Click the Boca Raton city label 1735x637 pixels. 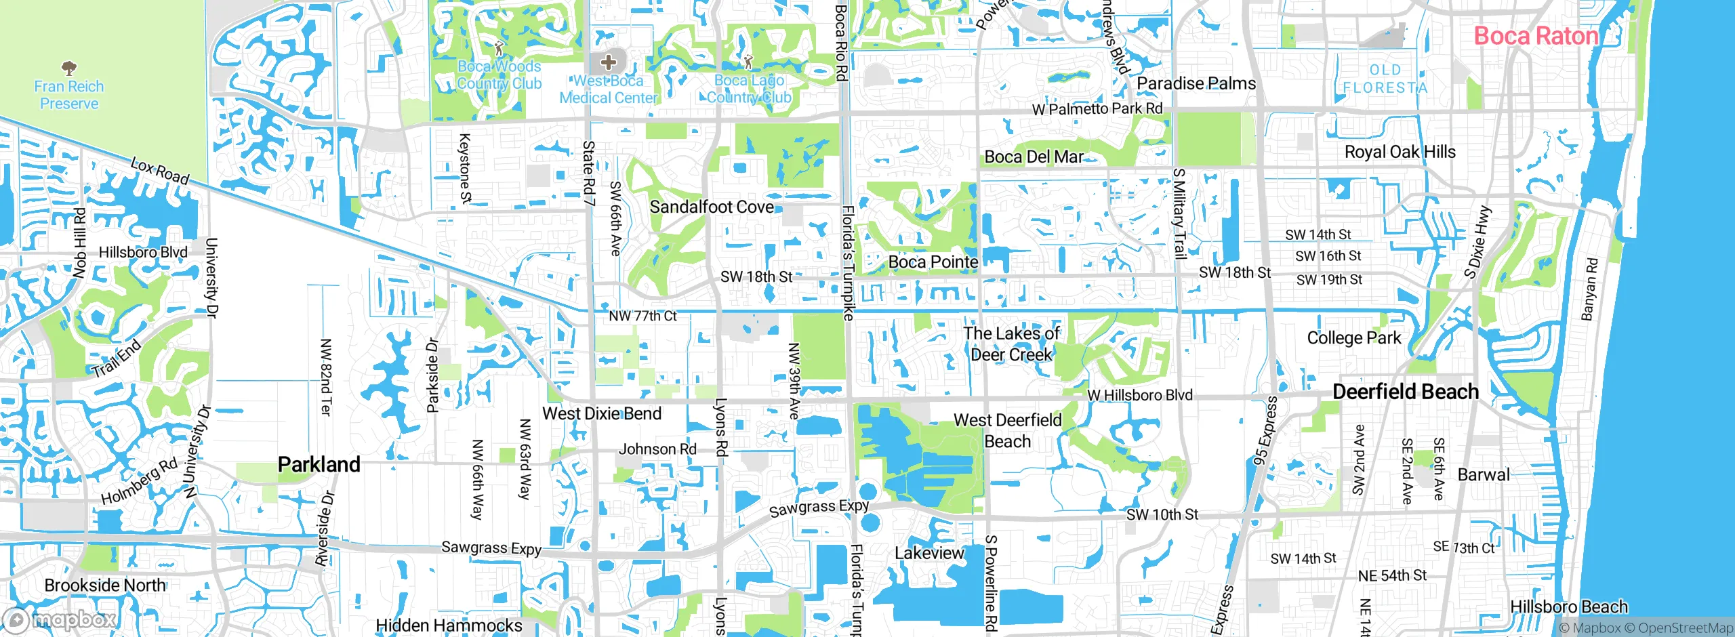(x=1536, y=36)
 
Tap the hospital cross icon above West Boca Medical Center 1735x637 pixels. (x=608, y=62)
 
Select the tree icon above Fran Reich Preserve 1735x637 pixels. (x=68, y=68)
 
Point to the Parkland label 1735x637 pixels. (x=319, y=465)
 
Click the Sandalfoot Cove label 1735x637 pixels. (x=712, y=207)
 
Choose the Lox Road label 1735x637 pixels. (x=160, y=171)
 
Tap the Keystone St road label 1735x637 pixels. (x=465, y=168)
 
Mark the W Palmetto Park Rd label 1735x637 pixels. (x=1097, y=108)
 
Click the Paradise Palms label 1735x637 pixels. (x=1196, y=83)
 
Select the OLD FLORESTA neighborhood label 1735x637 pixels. (x=1385, y=79)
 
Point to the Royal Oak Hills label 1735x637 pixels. (x=1400, y=152)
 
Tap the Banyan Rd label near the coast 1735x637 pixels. (x=1589, y=289)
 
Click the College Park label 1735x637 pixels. (x=1353, y=337)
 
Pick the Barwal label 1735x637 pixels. (x=1484, y=474)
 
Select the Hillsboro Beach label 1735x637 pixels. (x=1568, y=607)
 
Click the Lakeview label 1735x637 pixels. (x=928, y=553)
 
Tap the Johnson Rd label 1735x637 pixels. (x=657, y=449)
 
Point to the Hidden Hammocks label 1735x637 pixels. (x=449, y=625)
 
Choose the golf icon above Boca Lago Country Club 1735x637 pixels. (x=748, y=62)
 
